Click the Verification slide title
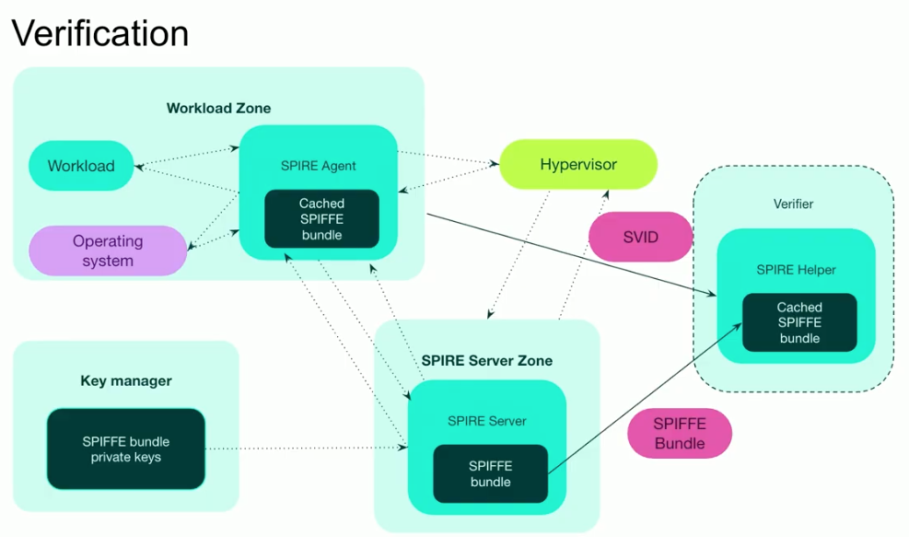99,34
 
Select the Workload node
81,166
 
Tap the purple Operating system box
108,251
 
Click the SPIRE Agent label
318,166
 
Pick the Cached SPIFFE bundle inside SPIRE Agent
321,219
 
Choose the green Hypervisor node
577,165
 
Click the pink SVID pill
640,237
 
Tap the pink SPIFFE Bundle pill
679,433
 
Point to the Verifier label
793,204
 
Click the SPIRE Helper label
796,270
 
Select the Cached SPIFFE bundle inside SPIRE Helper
798,322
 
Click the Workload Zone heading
218,108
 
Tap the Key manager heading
126,380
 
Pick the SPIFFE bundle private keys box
125,449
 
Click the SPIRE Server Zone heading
486,360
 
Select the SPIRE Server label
486,421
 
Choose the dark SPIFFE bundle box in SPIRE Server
490,473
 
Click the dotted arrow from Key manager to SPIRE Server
304,449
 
